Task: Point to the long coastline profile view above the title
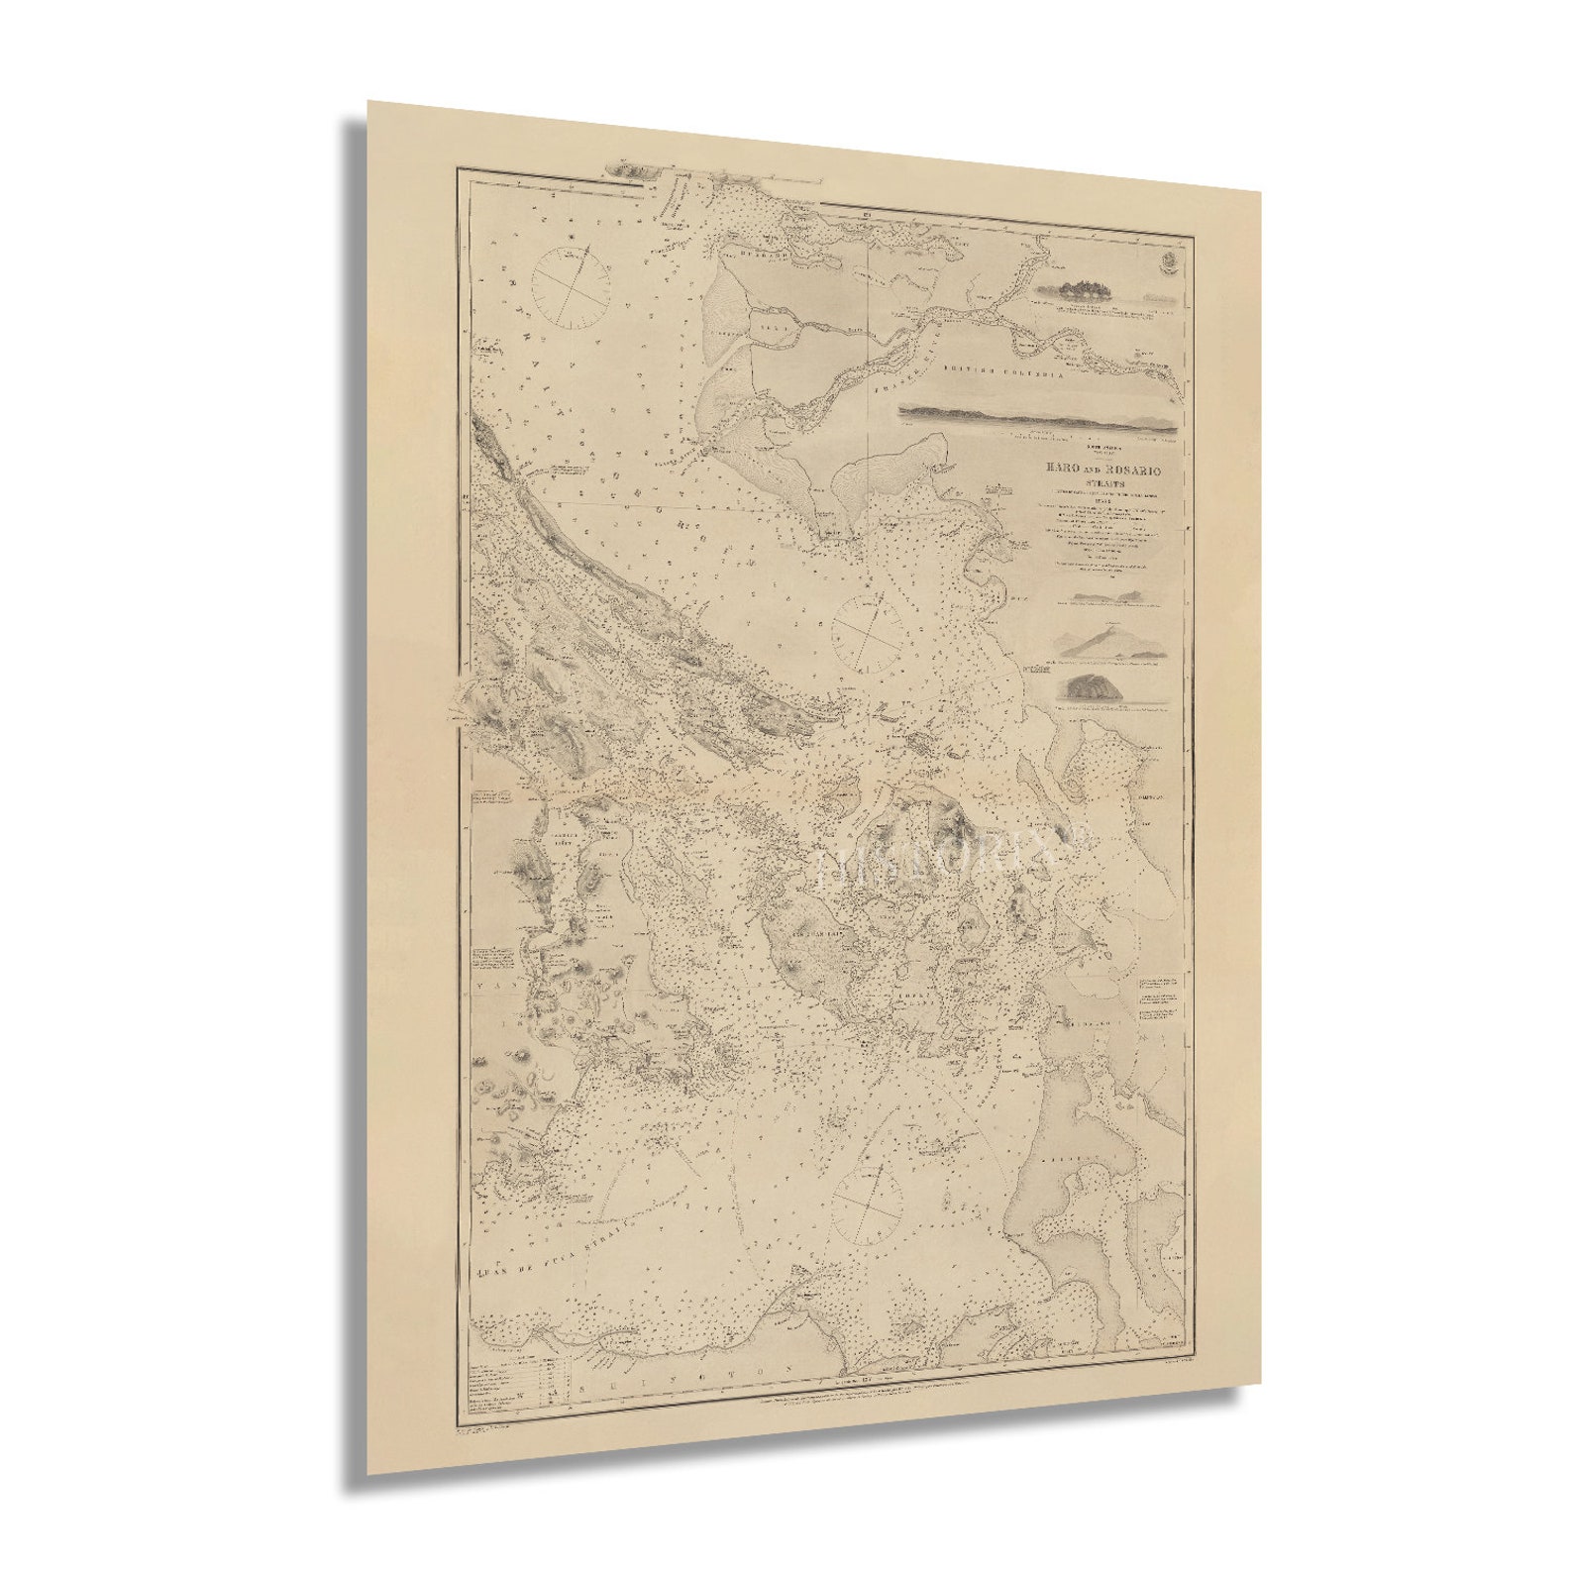point(1037,418)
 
